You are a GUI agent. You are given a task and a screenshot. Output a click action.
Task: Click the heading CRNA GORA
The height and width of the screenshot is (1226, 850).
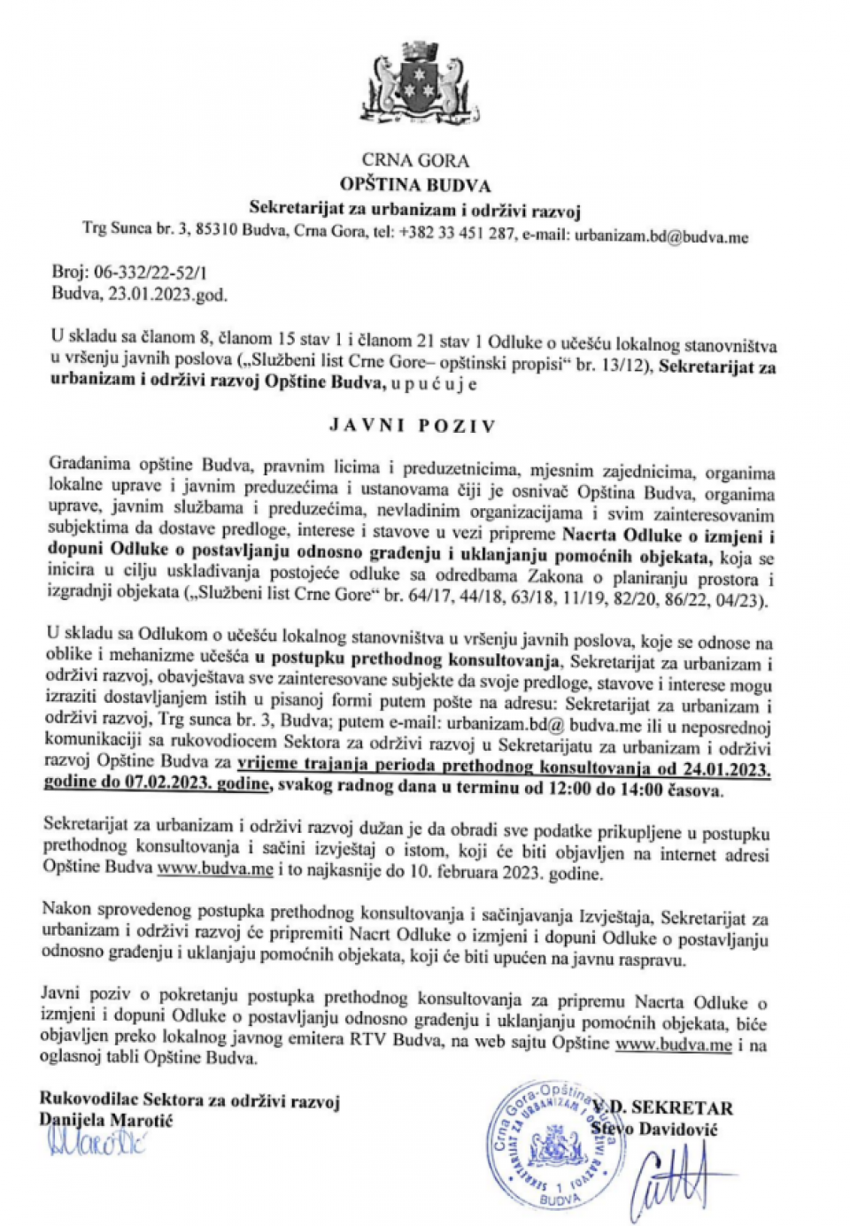414,160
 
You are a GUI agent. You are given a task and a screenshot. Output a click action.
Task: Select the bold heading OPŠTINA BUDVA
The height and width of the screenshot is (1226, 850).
414,185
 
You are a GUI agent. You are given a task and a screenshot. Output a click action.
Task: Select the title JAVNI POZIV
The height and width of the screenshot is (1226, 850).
413,425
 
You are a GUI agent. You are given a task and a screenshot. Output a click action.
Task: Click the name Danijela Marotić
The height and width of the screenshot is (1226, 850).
106,1120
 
